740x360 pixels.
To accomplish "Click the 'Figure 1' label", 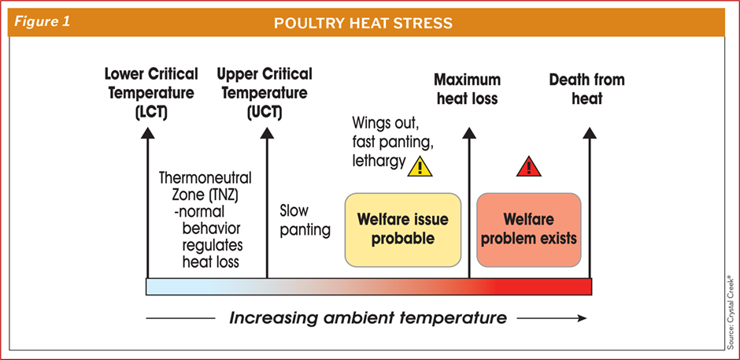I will [40, 22].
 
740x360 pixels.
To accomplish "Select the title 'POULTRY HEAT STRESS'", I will [363, 23].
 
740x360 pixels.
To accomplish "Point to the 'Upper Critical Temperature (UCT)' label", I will [265, 93].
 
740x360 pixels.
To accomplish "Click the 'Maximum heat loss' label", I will [467, 89].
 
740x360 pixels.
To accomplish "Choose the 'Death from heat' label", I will [586, 89].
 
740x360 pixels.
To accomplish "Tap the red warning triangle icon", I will [528, 166].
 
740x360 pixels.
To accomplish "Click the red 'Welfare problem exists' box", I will [528, 228].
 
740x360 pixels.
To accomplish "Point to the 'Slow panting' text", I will [305, 221].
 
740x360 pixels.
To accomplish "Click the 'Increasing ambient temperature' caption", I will [368, 318].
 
